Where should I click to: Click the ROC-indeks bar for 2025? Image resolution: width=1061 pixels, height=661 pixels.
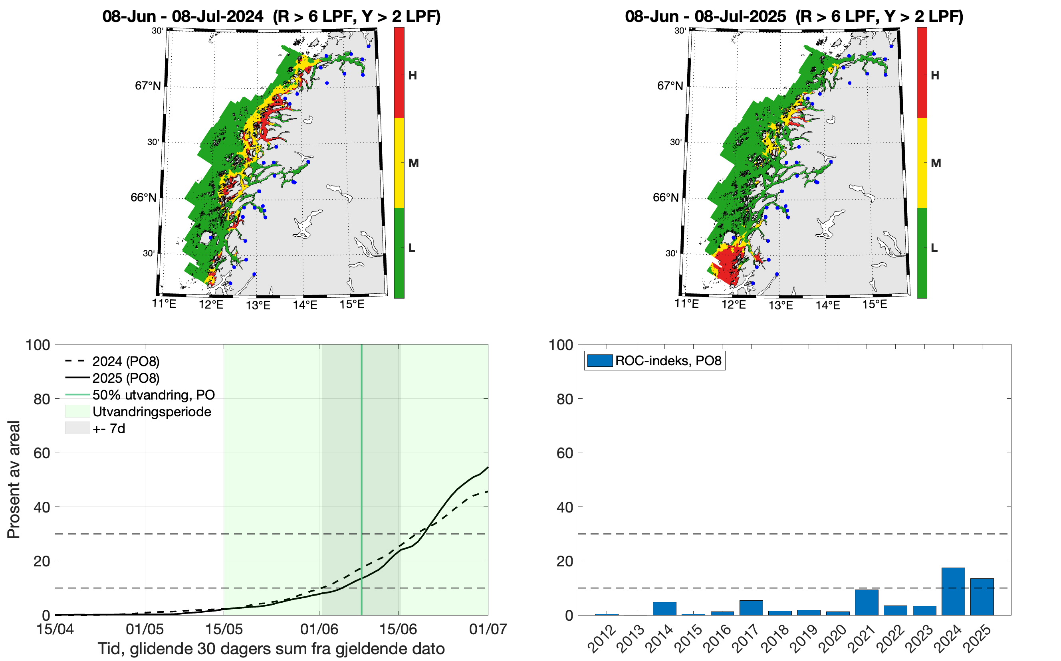(982, 597)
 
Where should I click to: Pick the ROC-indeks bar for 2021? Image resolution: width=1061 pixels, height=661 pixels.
(867, 602)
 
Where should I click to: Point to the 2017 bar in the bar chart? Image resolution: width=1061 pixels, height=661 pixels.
(751, 608)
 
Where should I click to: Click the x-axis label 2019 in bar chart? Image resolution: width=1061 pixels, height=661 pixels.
(805, 639)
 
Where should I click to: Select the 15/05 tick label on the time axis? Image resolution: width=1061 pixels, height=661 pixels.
(224, 629)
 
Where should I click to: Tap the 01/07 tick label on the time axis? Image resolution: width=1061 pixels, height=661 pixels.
(488, 629)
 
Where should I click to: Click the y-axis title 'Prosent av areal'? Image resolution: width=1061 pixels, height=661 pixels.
(14, 479)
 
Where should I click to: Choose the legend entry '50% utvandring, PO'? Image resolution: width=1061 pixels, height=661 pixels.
(153, 395)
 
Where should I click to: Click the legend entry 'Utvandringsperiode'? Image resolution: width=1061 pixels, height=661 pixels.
(152, 412)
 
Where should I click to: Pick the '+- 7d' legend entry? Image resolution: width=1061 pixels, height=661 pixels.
(109, 428)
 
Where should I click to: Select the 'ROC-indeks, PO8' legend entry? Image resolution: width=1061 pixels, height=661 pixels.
(668, 361)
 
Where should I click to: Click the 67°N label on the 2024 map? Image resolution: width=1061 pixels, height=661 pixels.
(147, 86)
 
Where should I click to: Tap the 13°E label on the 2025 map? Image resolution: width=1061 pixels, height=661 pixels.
(780, 305)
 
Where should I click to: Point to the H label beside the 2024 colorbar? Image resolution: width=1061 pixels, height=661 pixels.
(413, 75)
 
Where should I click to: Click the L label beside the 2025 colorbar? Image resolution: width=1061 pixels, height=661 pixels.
(934, 248)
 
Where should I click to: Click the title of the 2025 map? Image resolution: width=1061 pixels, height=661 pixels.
(794, 17)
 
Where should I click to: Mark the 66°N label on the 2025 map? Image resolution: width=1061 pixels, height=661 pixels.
(665, 198)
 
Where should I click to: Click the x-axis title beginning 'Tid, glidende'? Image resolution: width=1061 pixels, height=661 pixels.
(271, 649)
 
